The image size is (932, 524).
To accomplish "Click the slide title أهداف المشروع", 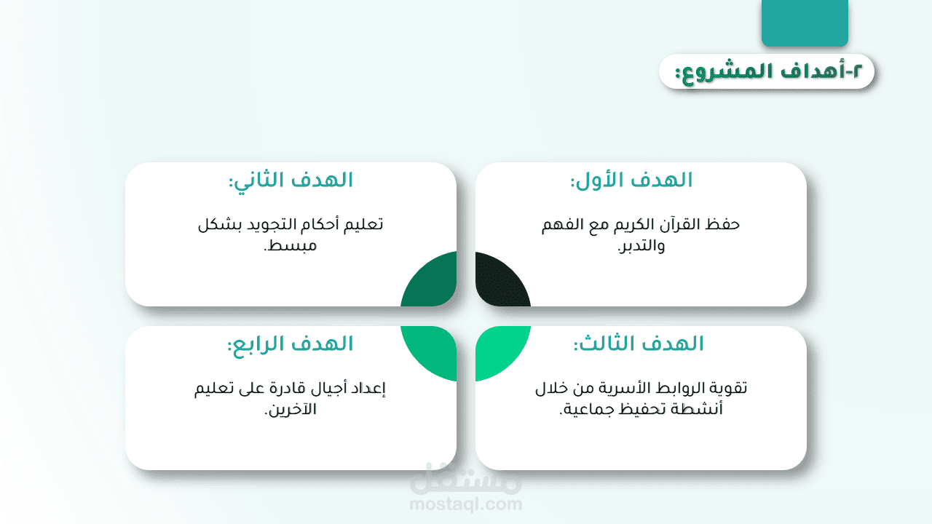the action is [768, 72].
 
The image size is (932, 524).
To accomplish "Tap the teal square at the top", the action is [805, 23].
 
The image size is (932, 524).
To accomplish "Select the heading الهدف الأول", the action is [631, 180].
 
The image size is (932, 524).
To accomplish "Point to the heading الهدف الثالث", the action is [639, 344].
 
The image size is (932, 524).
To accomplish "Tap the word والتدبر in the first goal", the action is [641, 246].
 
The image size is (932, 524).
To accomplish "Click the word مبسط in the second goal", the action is [291, 246].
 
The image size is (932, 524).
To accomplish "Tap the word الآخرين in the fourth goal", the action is [291, 410].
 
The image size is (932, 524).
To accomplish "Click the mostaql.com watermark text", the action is [465, 504].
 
